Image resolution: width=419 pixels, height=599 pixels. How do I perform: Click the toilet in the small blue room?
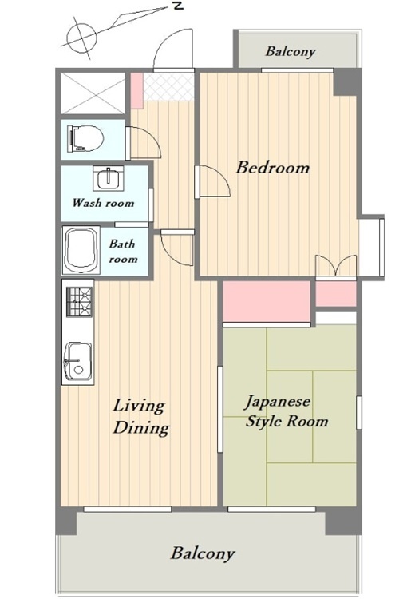click(85, 138)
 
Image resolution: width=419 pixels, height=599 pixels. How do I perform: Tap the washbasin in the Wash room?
click(109, 178)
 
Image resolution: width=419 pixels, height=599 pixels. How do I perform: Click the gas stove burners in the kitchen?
click(80, 302)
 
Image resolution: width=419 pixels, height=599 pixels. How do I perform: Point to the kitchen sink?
click(78, 361)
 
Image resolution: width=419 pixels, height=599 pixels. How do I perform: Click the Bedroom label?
click(272, 168)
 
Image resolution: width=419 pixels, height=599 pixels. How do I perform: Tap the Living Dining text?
click(140, 417)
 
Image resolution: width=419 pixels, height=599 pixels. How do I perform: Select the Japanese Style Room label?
click(287, 412)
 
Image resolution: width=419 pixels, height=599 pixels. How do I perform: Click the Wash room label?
click(104, 203)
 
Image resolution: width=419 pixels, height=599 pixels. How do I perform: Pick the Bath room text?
click(122, 252)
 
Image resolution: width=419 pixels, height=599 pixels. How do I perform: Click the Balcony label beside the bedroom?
click(291, 51)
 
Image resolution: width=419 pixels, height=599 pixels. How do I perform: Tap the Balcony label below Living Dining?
click(202, 553)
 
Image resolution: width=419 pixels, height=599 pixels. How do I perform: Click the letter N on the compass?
click(178, 6)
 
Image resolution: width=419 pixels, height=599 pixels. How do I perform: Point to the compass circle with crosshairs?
click(81, 38)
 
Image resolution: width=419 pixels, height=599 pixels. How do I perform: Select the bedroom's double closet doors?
click(336, 265)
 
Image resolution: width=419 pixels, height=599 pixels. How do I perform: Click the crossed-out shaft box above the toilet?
click(93, 93)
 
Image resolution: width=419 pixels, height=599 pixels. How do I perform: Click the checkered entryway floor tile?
click(168, 87)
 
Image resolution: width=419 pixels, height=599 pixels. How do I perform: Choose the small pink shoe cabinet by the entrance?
click(137, 90)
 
